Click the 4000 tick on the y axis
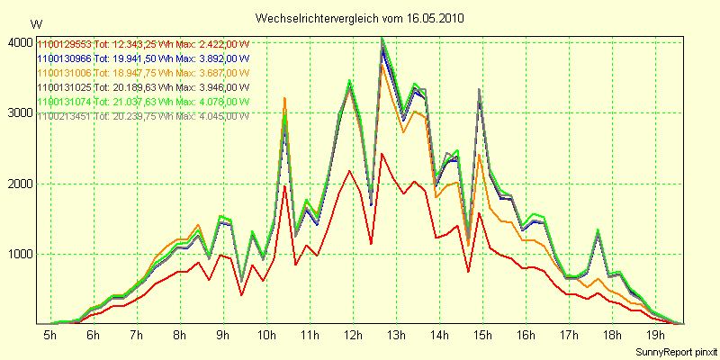[x=21, y=42]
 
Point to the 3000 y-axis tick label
[x=21, y=113]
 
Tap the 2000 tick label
[x=21, y=184]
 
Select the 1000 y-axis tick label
[x=21, y=255]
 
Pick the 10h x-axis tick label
[x=265, y=335]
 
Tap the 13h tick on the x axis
[x=396, y=335]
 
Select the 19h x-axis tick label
[x=657, y=335]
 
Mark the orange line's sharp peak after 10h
[x=284, y=98]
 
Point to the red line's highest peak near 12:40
[x=382, y=153]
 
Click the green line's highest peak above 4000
[x=382, y=38]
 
